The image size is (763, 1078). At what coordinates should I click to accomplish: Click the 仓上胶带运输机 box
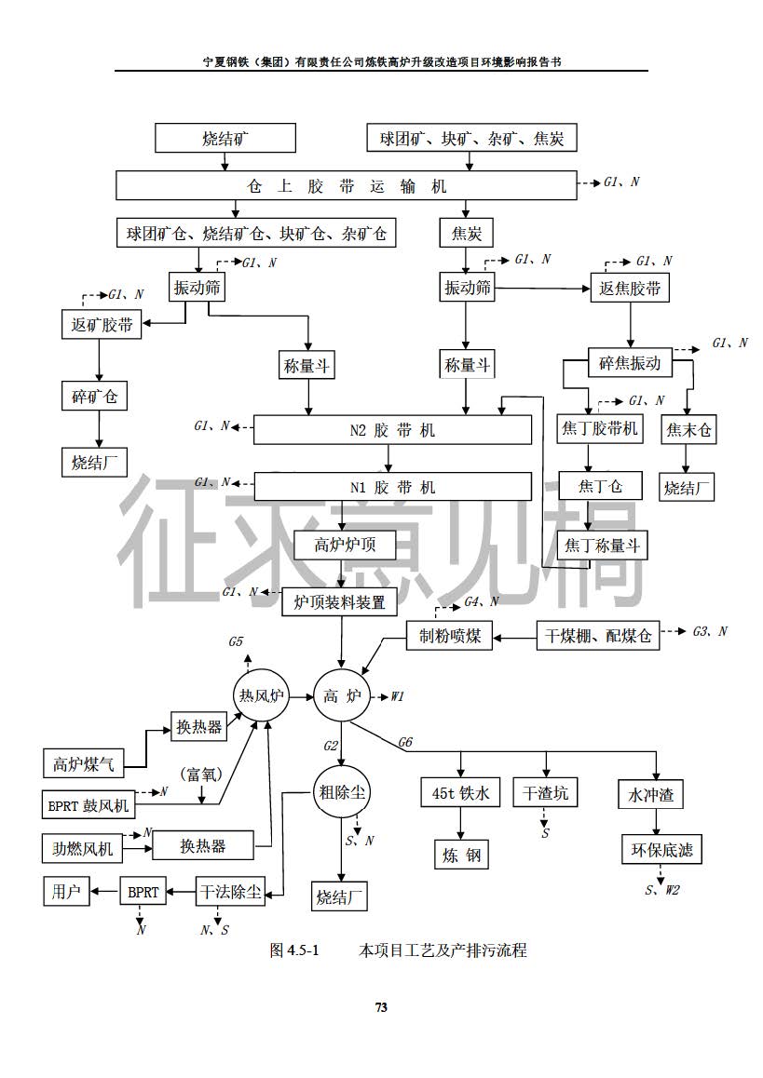[x=346, y=184]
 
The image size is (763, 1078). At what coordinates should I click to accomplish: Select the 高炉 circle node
[x=342, y=697]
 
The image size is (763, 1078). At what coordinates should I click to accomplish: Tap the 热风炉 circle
[x=260, y=696]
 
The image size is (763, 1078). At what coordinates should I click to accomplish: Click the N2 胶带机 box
[x=392, y=430]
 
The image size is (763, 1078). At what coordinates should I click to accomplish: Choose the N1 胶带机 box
[x=392, y=487]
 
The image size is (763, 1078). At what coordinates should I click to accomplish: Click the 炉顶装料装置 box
[x=339, y=601]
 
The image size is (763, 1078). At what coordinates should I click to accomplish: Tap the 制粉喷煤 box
[x=449, y=636]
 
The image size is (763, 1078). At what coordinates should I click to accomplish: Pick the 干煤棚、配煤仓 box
[x=598, y=636]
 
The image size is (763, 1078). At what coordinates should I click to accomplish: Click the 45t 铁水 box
[x=460, y=793]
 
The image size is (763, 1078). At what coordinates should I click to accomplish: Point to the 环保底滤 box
[x=661, y=850]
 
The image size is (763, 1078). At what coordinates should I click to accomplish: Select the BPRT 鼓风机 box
[x=89, y=803]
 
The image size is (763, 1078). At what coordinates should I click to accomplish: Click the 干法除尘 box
[x=229, y=892]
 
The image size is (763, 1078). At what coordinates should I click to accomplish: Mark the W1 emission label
[x=397, y=696]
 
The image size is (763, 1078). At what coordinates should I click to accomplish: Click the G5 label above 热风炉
[x=236, y=642]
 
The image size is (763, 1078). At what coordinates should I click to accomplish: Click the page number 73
[x=381, y=1007]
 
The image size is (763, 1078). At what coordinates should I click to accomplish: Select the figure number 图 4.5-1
[x=294, y=950]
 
